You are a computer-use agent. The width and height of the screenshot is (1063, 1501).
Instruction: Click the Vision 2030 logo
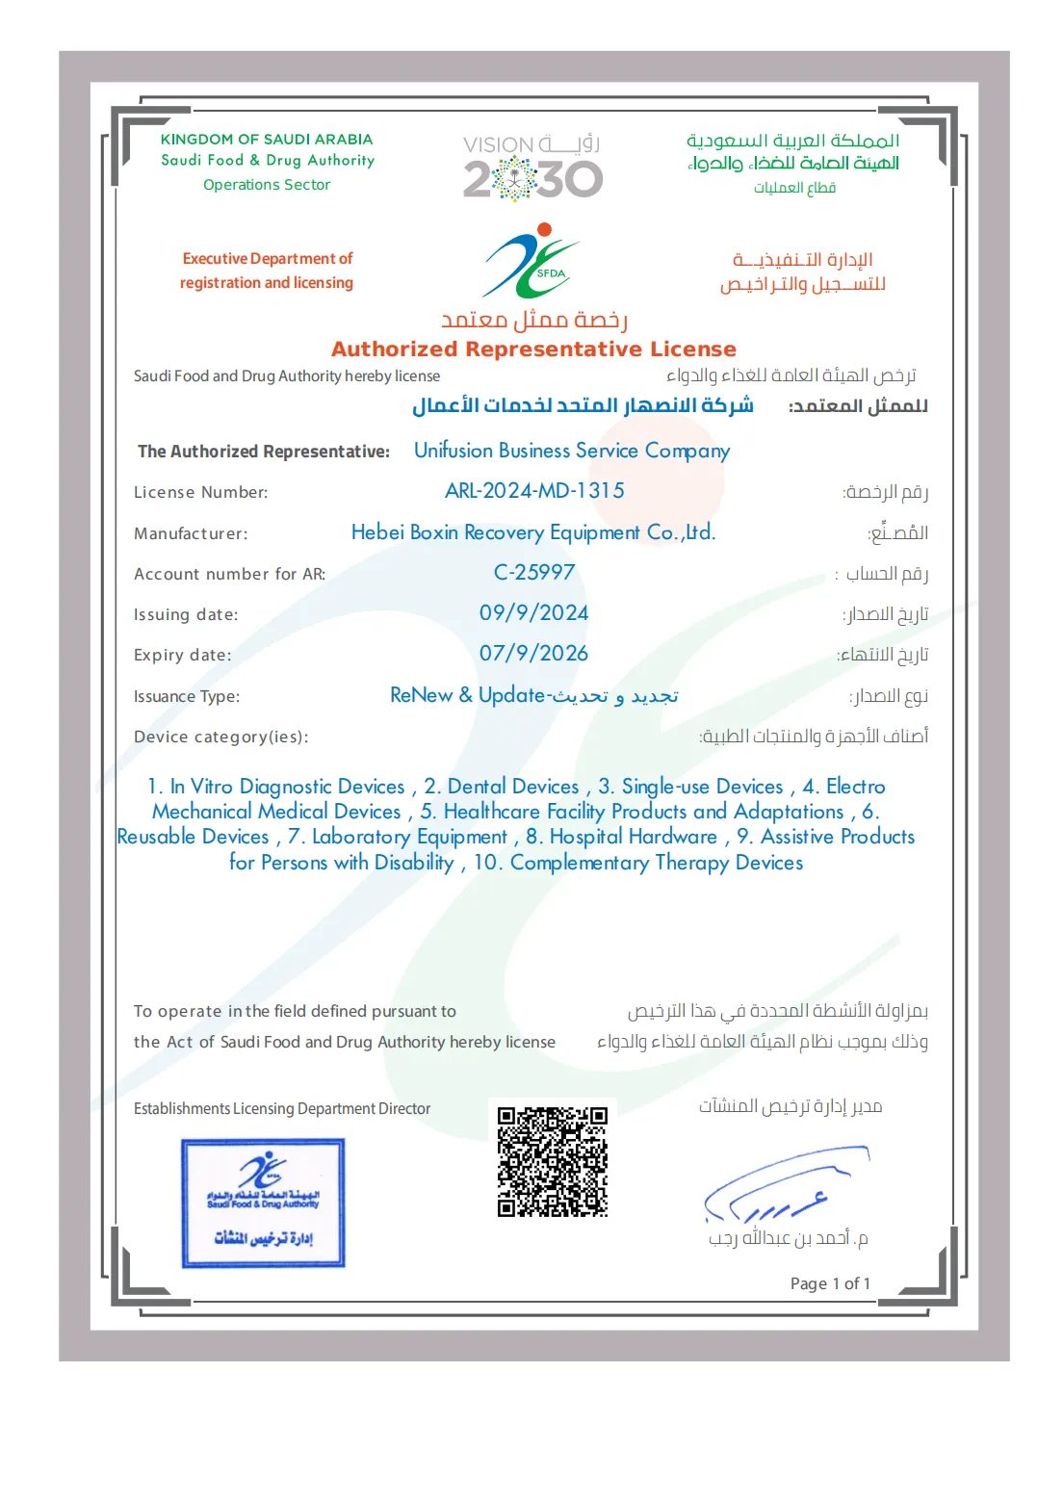(532, 168)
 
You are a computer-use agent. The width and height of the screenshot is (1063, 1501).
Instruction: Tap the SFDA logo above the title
(531, 261)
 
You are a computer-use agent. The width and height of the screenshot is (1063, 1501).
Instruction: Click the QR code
(552, 1161)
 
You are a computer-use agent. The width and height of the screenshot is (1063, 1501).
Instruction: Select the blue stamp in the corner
(263, 1203)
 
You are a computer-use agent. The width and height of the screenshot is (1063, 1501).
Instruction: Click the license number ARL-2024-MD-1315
(534, 491)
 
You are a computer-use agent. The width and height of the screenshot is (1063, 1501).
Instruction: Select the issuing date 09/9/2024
(533, 613)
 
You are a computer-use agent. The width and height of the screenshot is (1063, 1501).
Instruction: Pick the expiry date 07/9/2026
(533, 654)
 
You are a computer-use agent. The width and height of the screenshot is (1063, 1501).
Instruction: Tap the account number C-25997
(533, 573)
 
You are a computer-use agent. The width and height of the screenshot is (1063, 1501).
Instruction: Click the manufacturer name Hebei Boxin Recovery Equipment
(532, 532)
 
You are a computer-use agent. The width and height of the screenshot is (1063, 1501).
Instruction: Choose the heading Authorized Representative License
(533, 349)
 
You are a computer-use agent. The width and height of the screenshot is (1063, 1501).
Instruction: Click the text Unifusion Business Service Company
(572, 451)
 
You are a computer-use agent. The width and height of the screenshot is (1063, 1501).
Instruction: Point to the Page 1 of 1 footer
(830, 1283)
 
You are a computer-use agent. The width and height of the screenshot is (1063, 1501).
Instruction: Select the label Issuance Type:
(187, 696)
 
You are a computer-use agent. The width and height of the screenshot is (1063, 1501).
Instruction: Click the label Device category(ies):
(220, 737)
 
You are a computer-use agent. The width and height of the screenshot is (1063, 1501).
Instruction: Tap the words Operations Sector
(267, 185)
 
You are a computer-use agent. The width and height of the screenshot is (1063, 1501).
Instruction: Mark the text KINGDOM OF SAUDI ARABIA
(267, 140)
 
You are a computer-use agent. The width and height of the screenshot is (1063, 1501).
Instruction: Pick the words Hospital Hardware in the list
(633, 837)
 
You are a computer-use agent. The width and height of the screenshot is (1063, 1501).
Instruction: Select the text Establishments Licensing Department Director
(282, 1109)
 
